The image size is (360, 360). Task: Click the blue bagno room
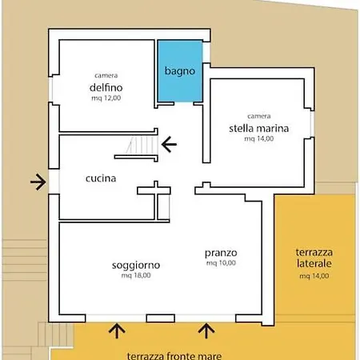coord(180,71)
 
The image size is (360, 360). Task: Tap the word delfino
coord(106,87)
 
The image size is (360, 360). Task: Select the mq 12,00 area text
coord(106,98)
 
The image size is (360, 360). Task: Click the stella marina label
coord(259,128)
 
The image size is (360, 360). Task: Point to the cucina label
coord(101,178)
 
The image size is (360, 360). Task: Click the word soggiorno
coord(136,266)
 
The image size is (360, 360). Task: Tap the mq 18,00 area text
coord(136,275)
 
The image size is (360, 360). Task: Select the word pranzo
coord(221,254)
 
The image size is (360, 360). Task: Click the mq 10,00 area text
coord(221,263)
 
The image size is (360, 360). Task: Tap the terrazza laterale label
coord(314,258)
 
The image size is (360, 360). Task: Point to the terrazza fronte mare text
coord(174,356)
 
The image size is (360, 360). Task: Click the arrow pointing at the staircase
coord(169,144)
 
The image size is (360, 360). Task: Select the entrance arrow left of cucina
coord(38,182)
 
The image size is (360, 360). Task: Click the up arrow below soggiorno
coord(117,330)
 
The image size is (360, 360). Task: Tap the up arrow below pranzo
coord(206,330)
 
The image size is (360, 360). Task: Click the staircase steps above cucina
coord(142,146)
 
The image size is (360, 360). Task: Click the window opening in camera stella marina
coord(312,124)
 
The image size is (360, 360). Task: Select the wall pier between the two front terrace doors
coord(161,318)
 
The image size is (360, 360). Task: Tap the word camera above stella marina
coord(259,116)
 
